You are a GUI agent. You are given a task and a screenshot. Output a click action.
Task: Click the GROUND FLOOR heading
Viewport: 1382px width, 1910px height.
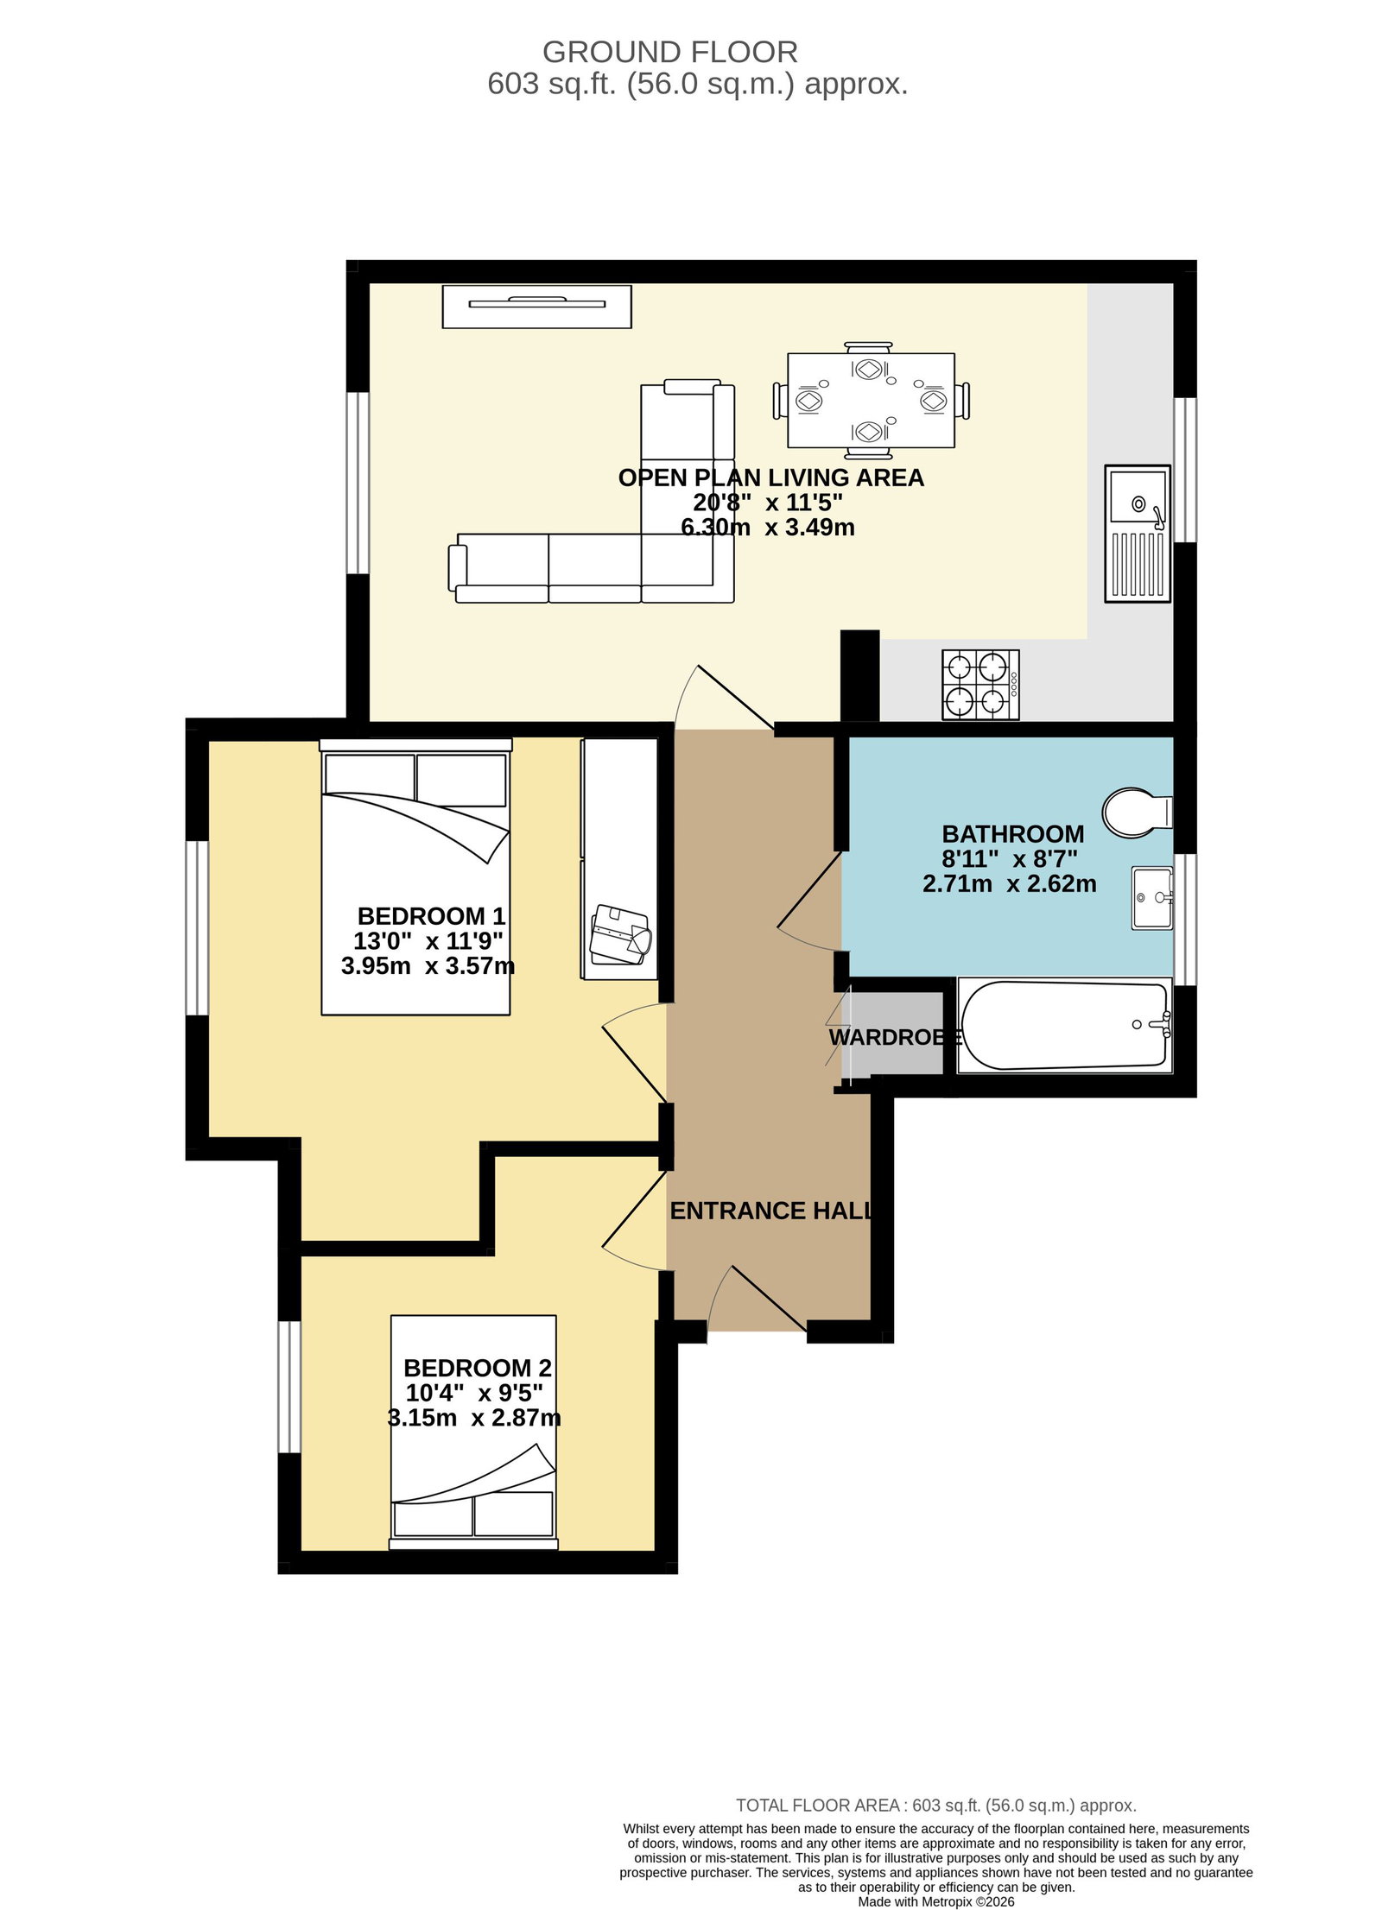tap(669, 53)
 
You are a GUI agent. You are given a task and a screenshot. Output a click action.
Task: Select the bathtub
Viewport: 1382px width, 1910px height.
tap(1064, 1026)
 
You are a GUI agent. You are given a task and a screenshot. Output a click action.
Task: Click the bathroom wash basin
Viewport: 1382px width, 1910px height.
tap(1152, 899)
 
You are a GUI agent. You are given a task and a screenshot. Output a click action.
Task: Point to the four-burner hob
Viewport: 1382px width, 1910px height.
tap(980, 685)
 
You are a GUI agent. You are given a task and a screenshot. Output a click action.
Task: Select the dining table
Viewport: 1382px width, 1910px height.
tap(871, 401)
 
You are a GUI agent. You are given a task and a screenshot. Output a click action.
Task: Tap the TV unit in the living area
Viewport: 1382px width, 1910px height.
tap(536, 307)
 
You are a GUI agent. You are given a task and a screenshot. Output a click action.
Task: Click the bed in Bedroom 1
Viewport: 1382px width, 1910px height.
tap(416, 876)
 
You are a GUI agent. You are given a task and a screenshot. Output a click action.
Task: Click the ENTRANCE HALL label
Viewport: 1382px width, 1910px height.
tap(770, 1211)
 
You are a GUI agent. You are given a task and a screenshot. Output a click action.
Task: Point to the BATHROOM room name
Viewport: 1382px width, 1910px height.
tap(1012, 834)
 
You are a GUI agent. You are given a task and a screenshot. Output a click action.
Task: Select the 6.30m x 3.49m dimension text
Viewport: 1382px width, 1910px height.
tap(768, 527)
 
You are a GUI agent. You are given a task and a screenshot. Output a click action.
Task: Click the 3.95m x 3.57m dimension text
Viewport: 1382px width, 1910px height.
tap(428, 965)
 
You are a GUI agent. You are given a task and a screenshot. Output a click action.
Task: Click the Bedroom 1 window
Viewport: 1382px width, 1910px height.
tap(198, 927)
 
